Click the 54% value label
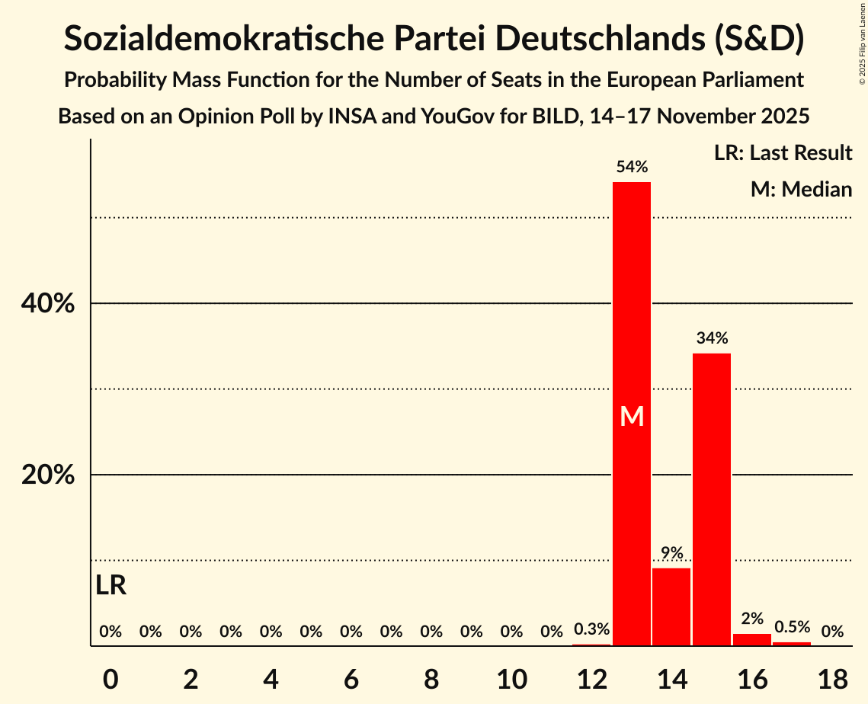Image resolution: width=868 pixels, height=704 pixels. coord(632,167)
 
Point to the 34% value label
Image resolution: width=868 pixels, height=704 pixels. coord(712,338)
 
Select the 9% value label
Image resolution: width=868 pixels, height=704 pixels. coord(671,553)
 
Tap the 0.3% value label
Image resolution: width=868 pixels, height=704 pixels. coord(591,629)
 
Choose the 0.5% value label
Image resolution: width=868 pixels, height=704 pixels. coord(792,627)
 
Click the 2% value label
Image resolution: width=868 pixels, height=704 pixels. coord(752,619)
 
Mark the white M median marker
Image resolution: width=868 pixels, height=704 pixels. coord(632,416)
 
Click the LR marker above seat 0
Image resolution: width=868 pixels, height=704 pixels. coord(111,585)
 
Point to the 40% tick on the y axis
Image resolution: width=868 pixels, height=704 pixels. coord(47,304)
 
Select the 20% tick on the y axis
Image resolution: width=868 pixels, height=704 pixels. coord(47,475)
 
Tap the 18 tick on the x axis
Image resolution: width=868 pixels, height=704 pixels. coord(832,679)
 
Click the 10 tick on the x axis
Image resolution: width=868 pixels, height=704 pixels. coord(511,679)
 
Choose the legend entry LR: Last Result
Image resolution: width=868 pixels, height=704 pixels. coord(783,153)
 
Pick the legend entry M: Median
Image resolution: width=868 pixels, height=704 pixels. coord(801,189)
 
